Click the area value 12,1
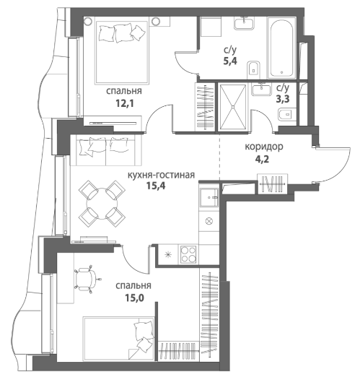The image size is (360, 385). [125, 104]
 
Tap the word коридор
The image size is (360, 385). [264, 147]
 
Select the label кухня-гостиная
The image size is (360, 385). [162, 175]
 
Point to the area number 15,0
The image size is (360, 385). [134, 298]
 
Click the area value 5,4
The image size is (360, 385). [230, 61]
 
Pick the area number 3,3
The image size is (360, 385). [283, 99]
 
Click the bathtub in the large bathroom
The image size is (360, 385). [281, 48]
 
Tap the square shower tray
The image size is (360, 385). [233, 107]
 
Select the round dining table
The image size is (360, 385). [102, 203]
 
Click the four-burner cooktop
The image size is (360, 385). [188, 254]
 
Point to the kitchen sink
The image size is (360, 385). [208, 197]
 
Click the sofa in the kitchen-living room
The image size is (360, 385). [106, 150]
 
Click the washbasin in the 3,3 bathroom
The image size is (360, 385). [261, 90]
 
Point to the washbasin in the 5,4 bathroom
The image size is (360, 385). [244, 23]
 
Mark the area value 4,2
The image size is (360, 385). [262, 160]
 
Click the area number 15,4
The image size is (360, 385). [156, 186]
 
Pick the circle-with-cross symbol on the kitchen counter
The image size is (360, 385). [209, 221]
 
